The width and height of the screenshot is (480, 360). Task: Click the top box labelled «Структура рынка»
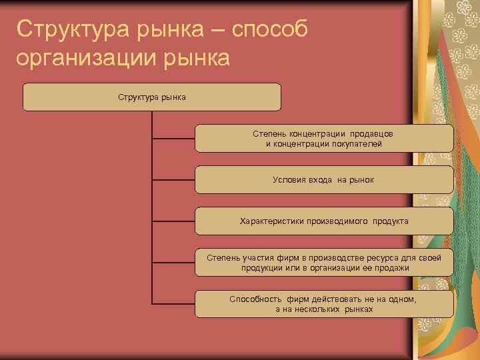pos(152,97)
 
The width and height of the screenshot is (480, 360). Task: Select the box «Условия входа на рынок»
pos(324,180)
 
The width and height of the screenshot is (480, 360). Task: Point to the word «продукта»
pos(391,221)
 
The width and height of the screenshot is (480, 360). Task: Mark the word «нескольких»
pos(318,309)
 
